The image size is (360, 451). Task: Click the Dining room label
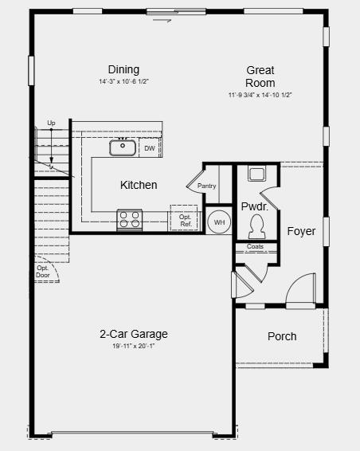tap(123, 69)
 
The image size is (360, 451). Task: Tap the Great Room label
tap(260, 76)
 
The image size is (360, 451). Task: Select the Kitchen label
tap(139, 185)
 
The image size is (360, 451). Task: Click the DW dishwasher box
tap(150, 148)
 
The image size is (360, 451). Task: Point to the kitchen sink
tap(123, 146)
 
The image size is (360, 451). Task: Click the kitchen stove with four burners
tap(129, 219)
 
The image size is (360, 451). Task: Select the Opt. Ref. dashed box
tap(184, 219)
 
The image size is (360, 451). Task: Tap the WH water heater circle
tap(219, 222)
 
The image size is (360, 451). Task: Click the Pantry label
tap(207, 186)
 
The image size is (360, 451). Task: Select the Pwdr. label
tap(254, 206)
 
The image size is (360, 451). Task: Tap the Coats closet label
tap(255, 247)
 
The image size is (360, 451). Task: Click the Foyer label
tap(302, 232)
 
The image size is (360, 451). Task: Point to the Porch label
tap(282, 336)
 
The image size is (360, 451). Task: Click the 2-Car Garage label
tap(134, 334)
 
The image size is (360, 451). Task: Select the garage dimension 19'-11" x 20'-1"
tap(134, 347)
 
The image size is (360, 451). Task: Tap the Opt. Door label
tap(43, 272)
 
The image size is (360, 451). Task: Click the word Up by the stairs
tap(51, 123)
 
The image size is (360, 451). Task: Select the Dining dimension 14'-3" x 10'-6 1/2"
tap(123, 82)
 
